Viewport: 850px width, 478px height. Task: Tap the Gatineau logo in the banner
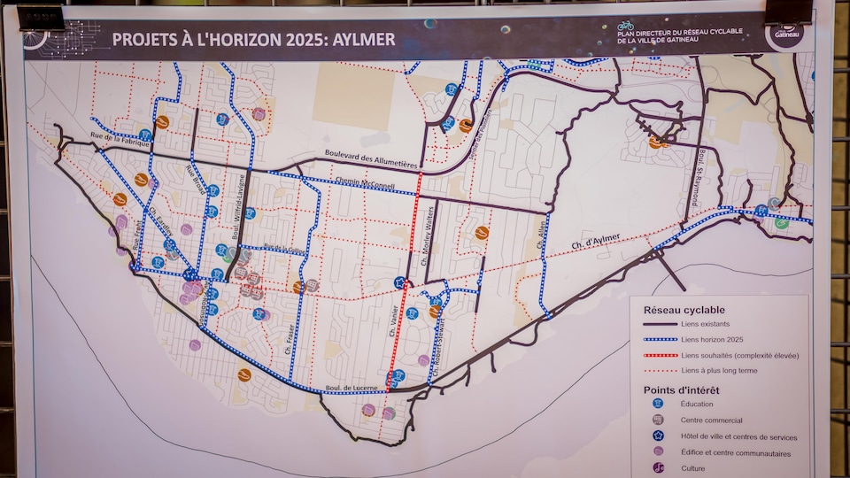click(x=785, y=35)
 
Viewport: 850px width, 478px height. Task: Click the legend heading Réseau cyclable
click(x=684, y=310)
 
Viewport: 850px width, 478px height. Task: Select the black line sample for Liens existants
click(x=655, y=325)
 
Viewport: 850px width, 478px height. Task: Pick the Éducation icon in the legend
click(x=658, y=404)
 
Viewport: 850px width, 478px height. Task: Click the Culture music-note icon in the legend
click(x=658, y=468)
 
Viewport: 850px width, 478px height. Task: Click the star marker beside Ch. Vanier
click(x=399, y=283)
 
